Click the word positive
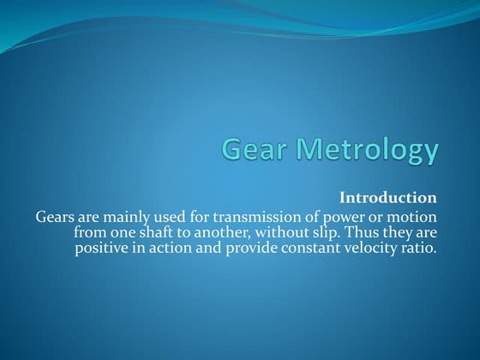click(105, 249)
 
